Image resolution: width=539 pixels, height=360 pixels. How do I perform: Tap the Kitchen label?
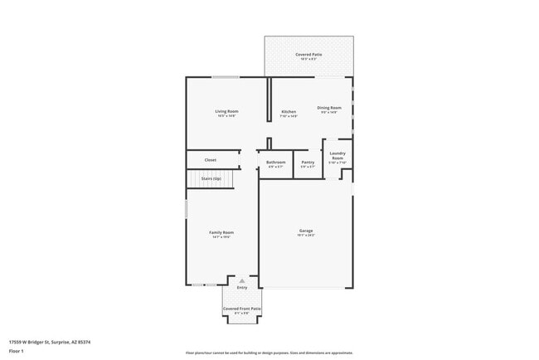click(x=289, y=111)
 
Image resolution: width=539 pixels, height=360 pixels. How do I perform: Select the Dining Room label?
click(x=329, y=107)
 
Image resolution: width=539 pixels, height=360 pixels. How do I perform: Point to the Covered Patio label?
click(x=309, y=55)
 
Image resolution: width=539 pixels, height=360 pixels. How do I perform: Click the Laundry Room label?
click(x=337, y=155)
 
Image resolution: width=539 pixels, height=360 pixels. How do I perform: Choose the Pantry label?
click(x=308, y=162)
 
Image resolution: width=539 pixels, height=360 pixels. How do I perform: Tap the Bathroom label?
click(x=276, y=162)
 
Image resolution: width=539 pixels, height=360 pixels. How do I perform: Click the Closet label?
click(x=211, y=159)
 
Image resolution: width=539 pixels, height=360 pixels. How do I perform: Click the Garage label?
click(x=306, y=230)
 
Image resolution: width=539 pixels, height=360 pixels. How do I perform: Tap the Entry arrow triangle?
click(x=242, y=281)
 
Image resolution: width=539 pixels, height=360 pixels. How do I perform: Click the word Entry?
click(x=242, y=288)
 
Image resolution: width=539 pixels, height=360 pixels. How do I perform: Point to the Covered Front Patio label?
click(x=242, y=309)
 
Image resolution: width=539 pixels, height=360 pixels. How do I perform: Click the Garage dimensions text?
click(x=306, y=236)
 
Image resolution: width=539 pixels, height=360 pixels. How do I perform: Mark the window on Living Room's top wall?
click(x=226, y=77)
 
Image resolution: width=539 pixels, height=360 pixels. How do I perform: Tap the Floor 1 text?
click(x=17, y=351)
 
